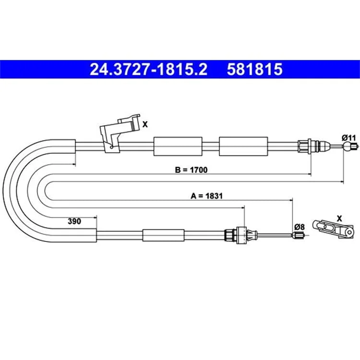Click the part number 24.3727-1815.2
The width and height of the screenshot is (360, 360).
[148, 69]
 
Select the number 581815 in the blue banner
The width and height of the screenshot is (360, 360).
[254, 69]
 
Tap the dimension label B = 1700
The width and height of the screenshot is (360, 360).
[191, 170]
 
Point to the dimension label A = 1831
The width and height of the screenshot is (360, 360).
[206, 196]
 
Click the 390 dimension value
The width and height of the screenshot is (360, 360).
[74, 221]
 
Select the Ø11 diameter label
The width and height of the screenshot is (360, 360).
[348, 138]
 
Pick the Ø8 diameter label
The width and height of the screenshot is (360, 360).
[300, 227]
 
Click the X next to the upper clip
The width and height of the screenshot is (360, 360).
[145, 124]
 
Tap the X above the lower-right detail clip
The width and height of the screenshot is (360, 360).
[339, 218]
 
